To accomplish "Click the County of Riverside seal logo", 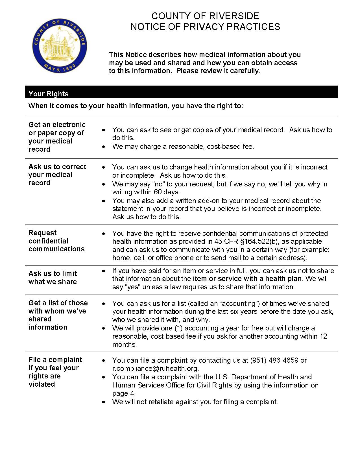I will click(60, 46).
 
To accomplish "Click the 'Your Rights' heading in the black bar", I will click(49, 94).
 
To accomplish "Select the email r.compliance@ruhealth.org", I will click(155, 369).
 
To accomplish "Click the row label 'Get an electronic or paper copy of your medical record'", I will click(57, 137).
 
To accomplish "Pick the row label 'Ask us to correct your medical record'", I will click(57, 175).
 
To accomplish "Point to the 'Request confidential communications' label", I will click(56, 241).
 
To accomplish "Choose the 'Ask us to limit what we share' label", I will click(53, 278).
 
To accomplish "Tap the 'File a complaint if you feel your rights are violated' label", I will click(55, 372).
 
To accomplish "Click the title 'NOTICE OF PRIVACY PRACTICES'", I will click(205, 27).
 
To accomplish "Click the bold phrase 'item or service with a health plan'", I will click(247, 279).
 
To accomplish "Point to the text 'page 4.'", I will click(124, 393).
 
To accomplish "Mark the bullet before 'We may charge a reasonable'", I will click(104, 147).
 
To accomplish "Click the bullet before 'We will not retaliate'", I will click(104, 402).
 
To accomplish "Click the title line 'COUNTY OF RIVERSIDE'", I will click(205, 16).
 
